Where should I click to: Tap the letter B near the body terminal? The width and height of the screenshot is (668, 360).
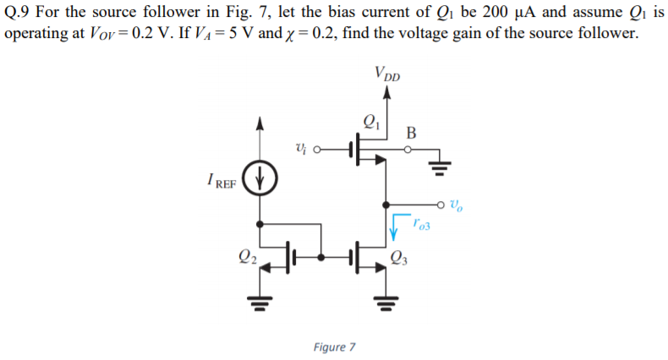pos(411,132)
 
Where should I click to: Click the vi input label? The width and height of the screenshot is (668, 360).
pos(301,150)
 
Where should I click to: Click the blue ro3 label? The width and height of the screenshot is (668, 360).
pos(423,225)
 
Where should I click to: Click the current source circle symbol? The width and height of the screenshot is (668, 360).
pos(260,180)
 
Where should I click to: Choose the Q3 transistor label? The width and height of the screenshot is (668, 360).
pos(400,259)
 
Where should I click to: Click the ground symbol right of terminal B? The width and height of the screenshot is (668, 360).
pos(440,164)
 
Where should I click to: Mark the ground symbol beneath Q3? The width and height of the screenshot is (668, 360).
pos(387,301)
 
